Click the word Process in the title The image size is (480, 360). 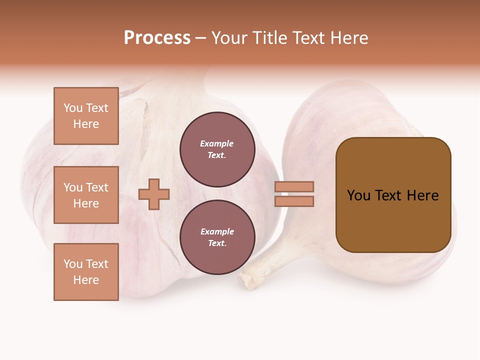pos(157,38)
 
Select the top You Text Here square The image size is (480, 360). pos(86,116)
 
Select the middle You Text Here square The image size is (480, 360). pos(86,195)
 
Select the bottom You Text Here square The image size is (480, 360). pos(86,272)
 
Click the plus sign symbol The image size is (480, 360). pos(154,194)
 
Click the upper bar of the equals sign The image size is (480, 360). pos(294,187)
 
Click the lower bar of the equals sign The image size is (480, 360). pos(294,201)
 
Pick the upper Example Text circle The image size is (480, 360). pos(217,149)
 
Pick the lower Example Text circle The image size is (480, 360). pos(217,237)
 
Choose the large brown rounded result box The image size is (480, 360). pos(393,220)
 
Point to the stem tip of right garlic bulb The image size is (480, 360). pos(248,280)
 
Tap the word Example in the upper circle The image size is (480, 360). pos(217,143)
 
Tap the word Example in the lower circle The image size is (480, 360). pos(217,231)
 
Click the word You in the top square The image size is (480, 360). pos(73,108)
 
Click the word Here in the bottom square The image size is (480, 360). pos(86,280)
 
